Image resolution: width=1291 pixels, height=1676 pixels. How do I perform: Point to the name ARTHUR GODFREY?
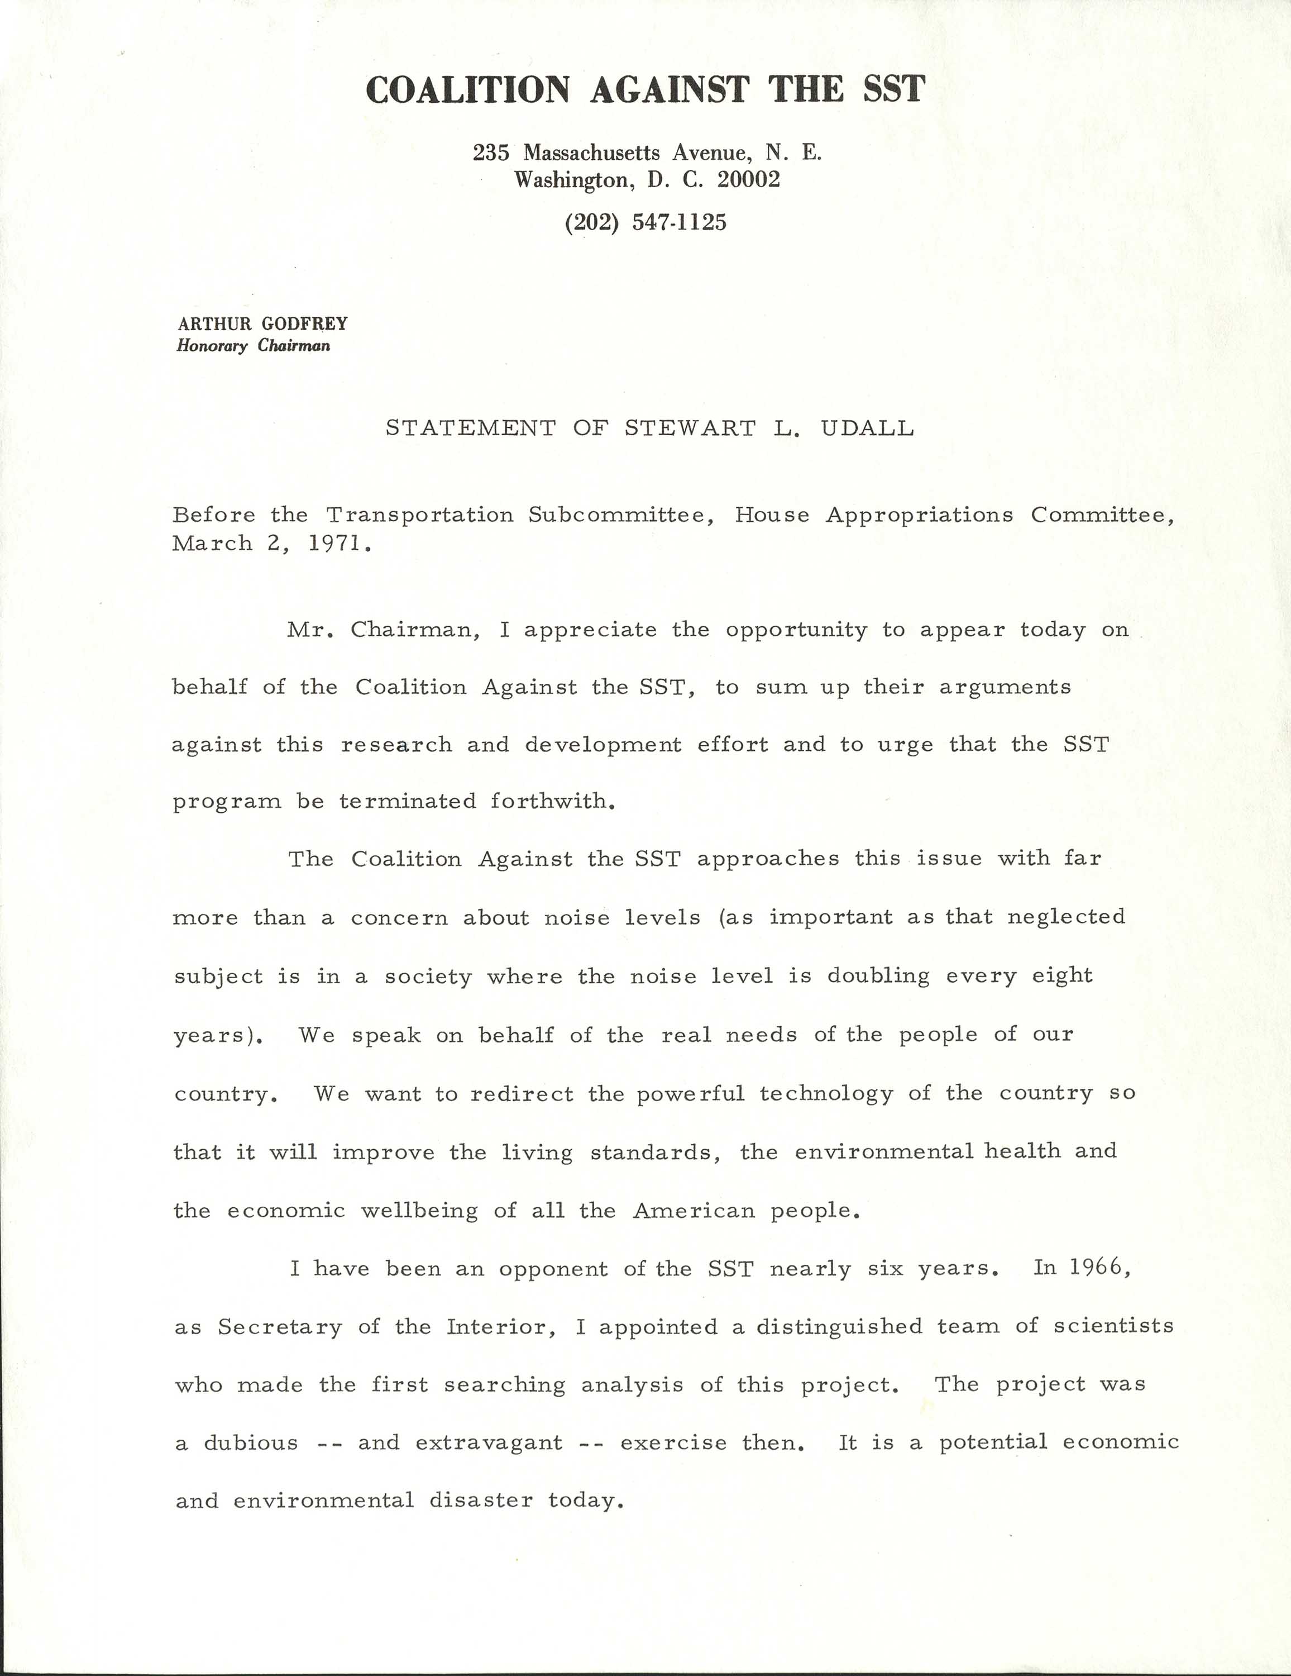point(262,324)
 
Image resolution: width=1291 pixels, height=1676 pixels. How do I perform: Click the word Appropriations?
point(919,515)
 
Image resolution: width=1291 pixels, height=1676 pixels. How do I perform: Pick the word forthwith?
point(552,802)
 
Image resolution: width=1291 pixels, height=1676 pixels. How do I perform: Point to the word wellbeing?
point(419,1211)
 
